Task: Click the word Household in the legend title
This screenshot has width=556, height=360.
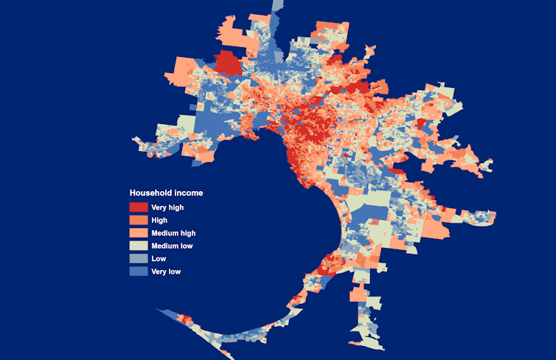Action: tap(151, 193)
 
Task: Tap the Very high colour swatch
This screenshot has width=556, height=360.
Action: tap(138, 207)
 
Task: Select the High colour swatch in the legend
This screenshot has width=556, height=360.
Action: tap(138, 220)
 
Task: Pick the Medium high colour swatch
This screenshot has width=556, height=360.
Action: tap(138, 233)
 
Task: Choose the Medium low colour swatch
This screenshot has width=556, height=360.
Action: tap(138, 246)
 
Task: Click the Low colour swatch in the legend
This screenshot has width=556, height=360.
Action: tap(138, 258)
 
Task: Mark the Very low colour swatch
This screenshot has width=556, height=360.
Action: tap(138, 271)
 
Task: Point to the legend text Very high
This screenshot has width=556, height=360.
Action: tap(167, 207)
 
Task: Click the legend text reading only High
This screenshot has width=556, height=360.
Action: tap(159, 220)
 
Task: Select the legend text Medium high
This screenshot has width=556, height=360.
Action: tap(173, 233)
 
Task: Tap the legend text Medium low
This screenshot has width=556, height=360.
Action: tap(172, 246)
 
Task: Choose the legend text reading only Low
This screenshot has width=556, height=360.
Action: tap(159, 259)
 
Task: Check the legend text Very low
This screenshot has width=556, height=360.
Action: tap(166, 271)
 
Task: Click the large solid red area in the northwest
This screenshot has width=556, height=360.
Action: tap(228, 63)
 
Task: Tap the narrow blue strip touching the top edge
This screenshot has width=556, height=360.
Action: tap(277, 6)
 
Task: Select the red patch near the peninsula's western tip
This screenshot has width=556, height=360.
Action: tap(185, 319)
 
